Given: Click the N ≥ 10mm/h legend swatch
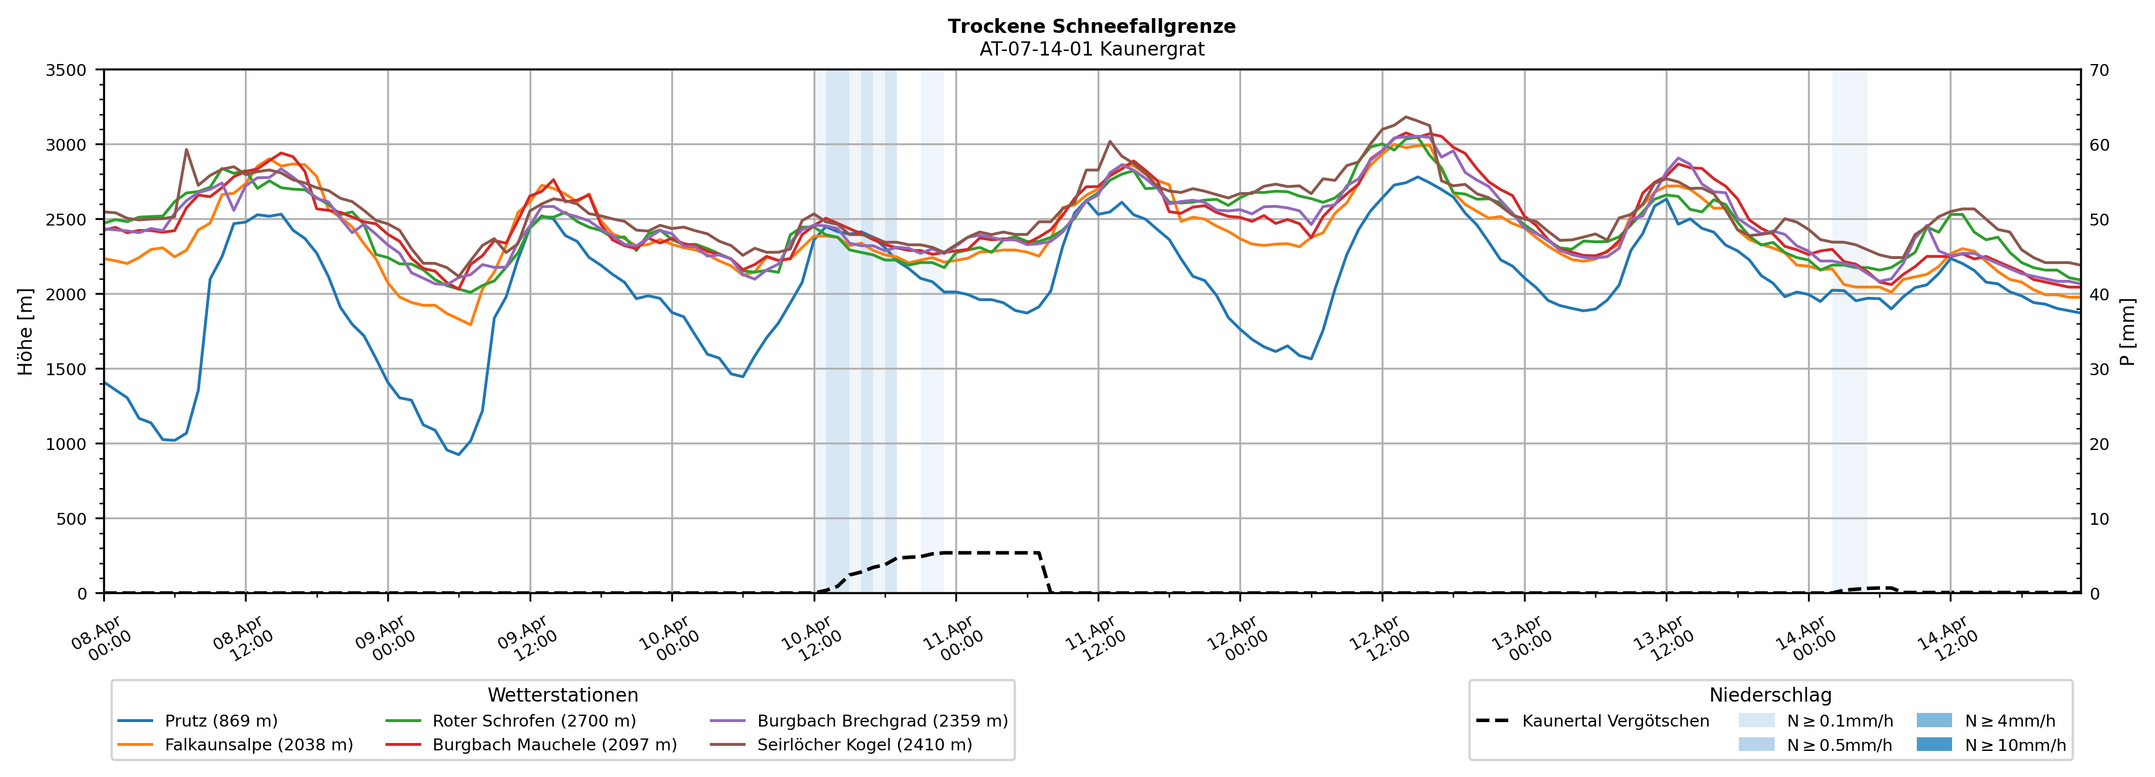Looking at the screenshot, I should click(x=1933, y=744).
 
